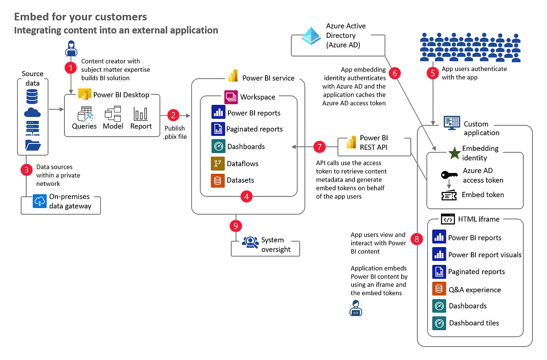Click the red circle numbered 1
71,67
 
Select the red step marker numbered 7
319,147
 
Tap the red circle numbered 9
235,226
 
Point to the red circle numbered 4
247,196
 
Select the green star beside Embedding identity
454,153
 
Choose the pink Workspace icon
231,97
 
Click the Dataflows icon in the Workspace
218,164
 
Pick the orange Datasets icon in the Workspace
218,181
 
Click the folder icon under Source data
33,144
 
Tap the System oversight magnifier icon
250,242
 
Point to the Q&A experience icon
439,289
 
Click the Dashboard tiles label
474,323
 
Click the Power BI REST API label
373,143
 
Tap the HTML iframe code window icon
448,219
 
